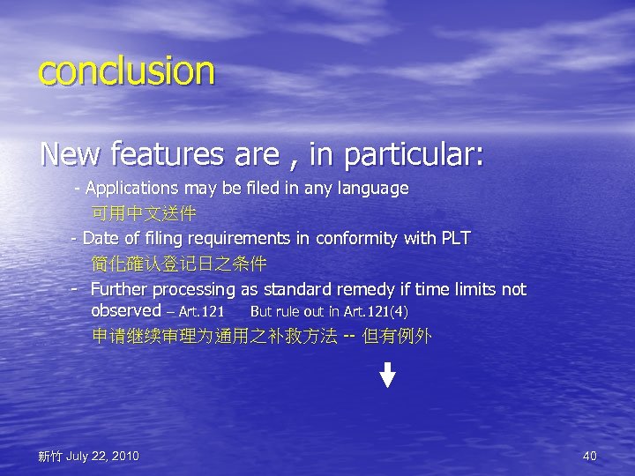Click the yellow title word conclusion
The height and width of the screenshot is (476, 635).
coord(126,71)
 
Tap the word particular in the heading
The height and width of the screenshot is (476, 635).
coord(414,156)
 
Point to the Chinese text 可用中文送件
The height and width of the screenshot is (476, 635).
coord(144,213)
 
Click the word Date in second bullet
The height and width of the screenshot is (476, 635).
coord(101,238)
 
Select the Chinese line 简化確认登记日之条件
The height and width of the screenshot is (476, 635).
coord(179,264)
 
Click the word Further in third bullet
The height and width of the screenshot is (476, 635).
coord(119,289)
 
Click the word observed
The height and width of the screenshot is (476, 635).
coord(126,310)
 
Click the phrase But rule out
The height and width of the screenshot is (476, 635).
coord(287,311)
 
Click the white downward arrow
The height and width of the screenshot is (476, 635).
coord(387,375)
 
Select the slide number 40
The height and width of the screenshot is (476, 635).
coord(590,456)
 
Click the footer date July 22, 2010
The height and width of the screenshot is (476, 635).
coord(101,456)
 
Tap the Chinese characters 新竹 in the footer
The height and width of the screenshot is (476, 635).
coord(50,457)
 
